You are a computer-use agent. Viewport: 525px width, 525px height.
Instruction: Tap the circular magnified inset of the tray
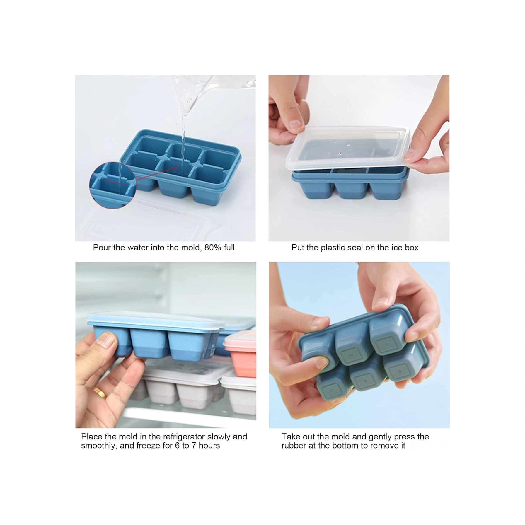[113, 185]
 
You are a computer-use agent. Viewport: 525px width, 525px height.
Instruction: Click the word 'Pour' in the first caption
[102, 248]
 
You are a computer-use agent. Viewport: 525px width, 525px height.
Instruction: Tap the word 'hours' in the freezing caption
[209, 446]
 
